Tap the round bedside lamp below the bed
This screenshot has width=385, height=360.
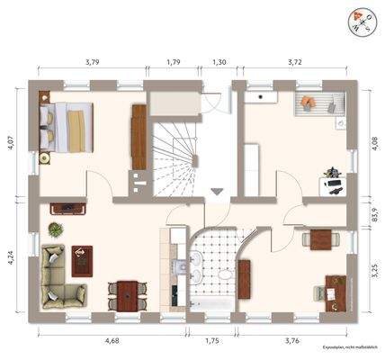(x=43, y=159)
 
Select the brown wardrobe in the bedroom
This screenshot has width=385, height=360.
(x=139, y=135)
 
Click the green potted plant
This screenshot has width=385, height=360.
(x=55, y=229)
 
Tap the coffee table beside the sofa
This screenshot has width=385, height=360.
(x=84, y=259)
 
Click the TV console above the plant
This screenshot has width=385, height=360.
(x=67, y=210)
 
